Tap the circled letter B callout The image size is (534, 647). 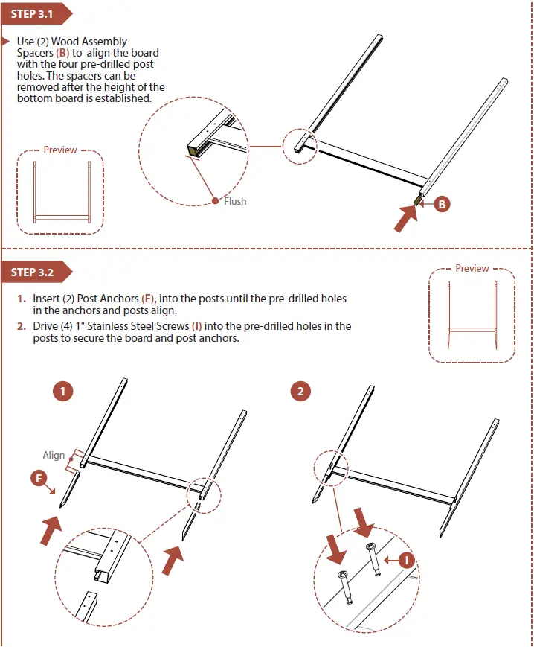pos(442,204)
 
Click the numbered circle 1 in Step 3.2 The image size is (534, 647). pos(64,391)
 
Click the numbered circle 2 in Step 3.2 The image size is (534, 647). pos(300,391)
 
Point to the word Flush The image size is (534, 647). pos(235,201)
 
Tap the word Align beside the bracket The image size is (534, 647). pos(54,456)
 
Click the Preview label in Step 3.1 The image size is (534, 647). pos(60,150)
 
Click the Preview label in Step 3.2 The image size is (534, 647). pos(472,269)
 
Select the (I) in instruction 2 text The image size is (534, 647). pos(196,326)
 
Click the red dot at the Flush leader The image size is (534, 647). pos(216,200)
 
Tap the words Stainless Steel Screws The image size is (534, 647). pos(142,326)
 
